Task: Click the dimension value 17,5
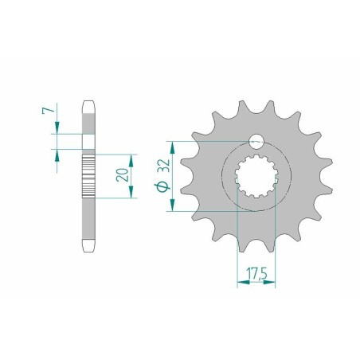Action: [256, 273]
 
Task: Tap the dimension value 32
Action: [165, 166]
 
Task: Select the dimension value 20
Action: [123, 174]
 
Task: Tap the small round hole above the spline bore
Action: [256, 142]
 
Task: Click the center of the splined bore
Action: [256, 176]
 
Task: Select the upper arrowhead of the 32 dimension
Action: [172, 147]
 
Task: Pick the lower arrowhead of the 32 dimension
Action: [172, 205]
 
